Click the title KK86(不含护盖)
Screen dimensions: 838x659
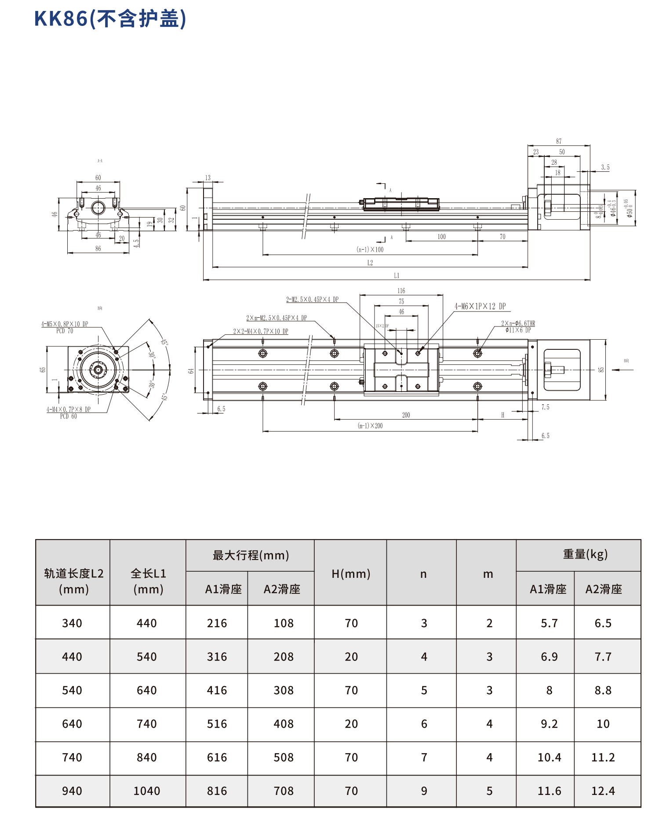[x=110, y=19]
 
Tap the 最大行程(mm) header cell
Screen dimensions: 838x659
[x=251, y=555]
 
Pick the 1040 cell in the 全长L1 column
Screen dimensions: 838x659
[x=147, y=791]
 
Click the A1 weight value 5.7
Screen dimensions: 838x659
[x=549, y=623]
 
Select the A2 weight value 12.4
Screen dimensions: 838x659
[x=603, y=791]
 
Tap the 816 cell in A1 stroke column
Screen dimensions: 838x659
[x=217, y=791]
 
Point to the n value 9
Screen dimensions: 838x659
[x=424, y=791]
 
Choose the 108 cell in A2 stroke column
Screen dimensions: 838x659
[x=284, y=623]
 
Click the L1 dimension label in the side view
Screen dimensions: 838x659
[x=397, y=276]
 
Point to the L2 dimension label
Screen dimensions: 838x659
[x=370, y=263]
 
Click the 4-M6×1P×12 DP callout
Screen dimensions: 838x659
[x=480, y=306]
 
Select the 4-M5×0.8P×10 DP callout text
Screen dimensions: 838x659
[x=65, y=324]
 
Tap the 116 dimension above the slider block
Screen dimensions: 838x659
[x=401, y=291]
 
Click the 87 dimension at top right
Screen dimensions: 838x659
[x=558, y=141]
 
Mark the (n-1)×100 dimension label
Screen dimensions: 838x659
[x=370, y=250]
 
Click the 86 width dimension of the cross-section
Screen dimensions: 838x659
[x=98, y=249]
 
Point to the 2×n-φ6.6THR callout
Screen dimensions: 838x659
[x=518, y=323]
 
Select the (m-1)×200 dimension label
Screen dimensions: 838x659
[x=370, y=426]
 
